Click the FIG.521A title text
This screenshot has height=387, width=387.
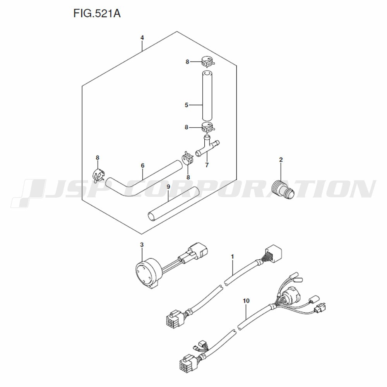[97, 14]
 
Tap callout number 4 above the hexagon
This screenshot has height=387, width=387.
[142, 38]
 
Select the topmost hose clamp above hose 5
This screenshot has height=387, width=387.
[207, 62]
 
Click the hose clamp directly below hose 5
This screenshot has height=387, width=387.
[208, 127]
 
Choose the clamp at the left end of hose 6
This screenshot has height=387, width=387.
[99, 175]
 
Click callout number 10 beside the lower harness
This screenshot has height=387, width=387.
[246, 301]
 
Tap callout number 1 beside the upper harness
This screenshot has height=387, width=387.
[232, 257]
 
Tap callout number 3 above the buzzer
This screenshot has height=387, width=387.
[142, 245]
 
